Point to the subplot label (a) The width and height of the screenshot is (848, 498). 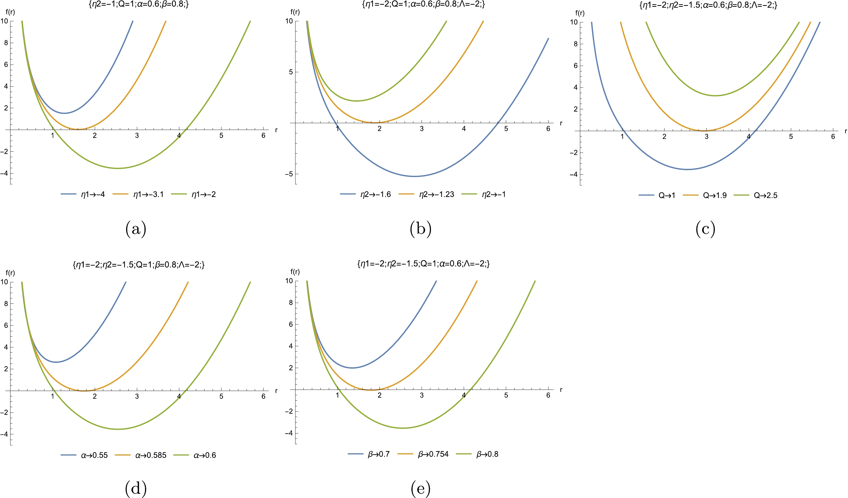[136, 229]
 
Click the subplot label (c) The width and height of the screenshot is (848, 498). [705, 229]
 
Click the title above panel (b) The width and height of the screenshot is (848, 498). [423, 5]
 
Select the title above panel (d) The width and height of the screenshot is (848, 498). [139, 265]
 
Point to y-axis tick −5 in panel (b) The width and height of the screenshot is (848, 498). [289, 174]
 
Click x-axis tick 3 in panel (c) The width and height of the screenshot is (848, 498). [706, 137]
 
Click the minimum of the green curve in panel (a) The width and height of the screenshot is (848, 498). [118, 168]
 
